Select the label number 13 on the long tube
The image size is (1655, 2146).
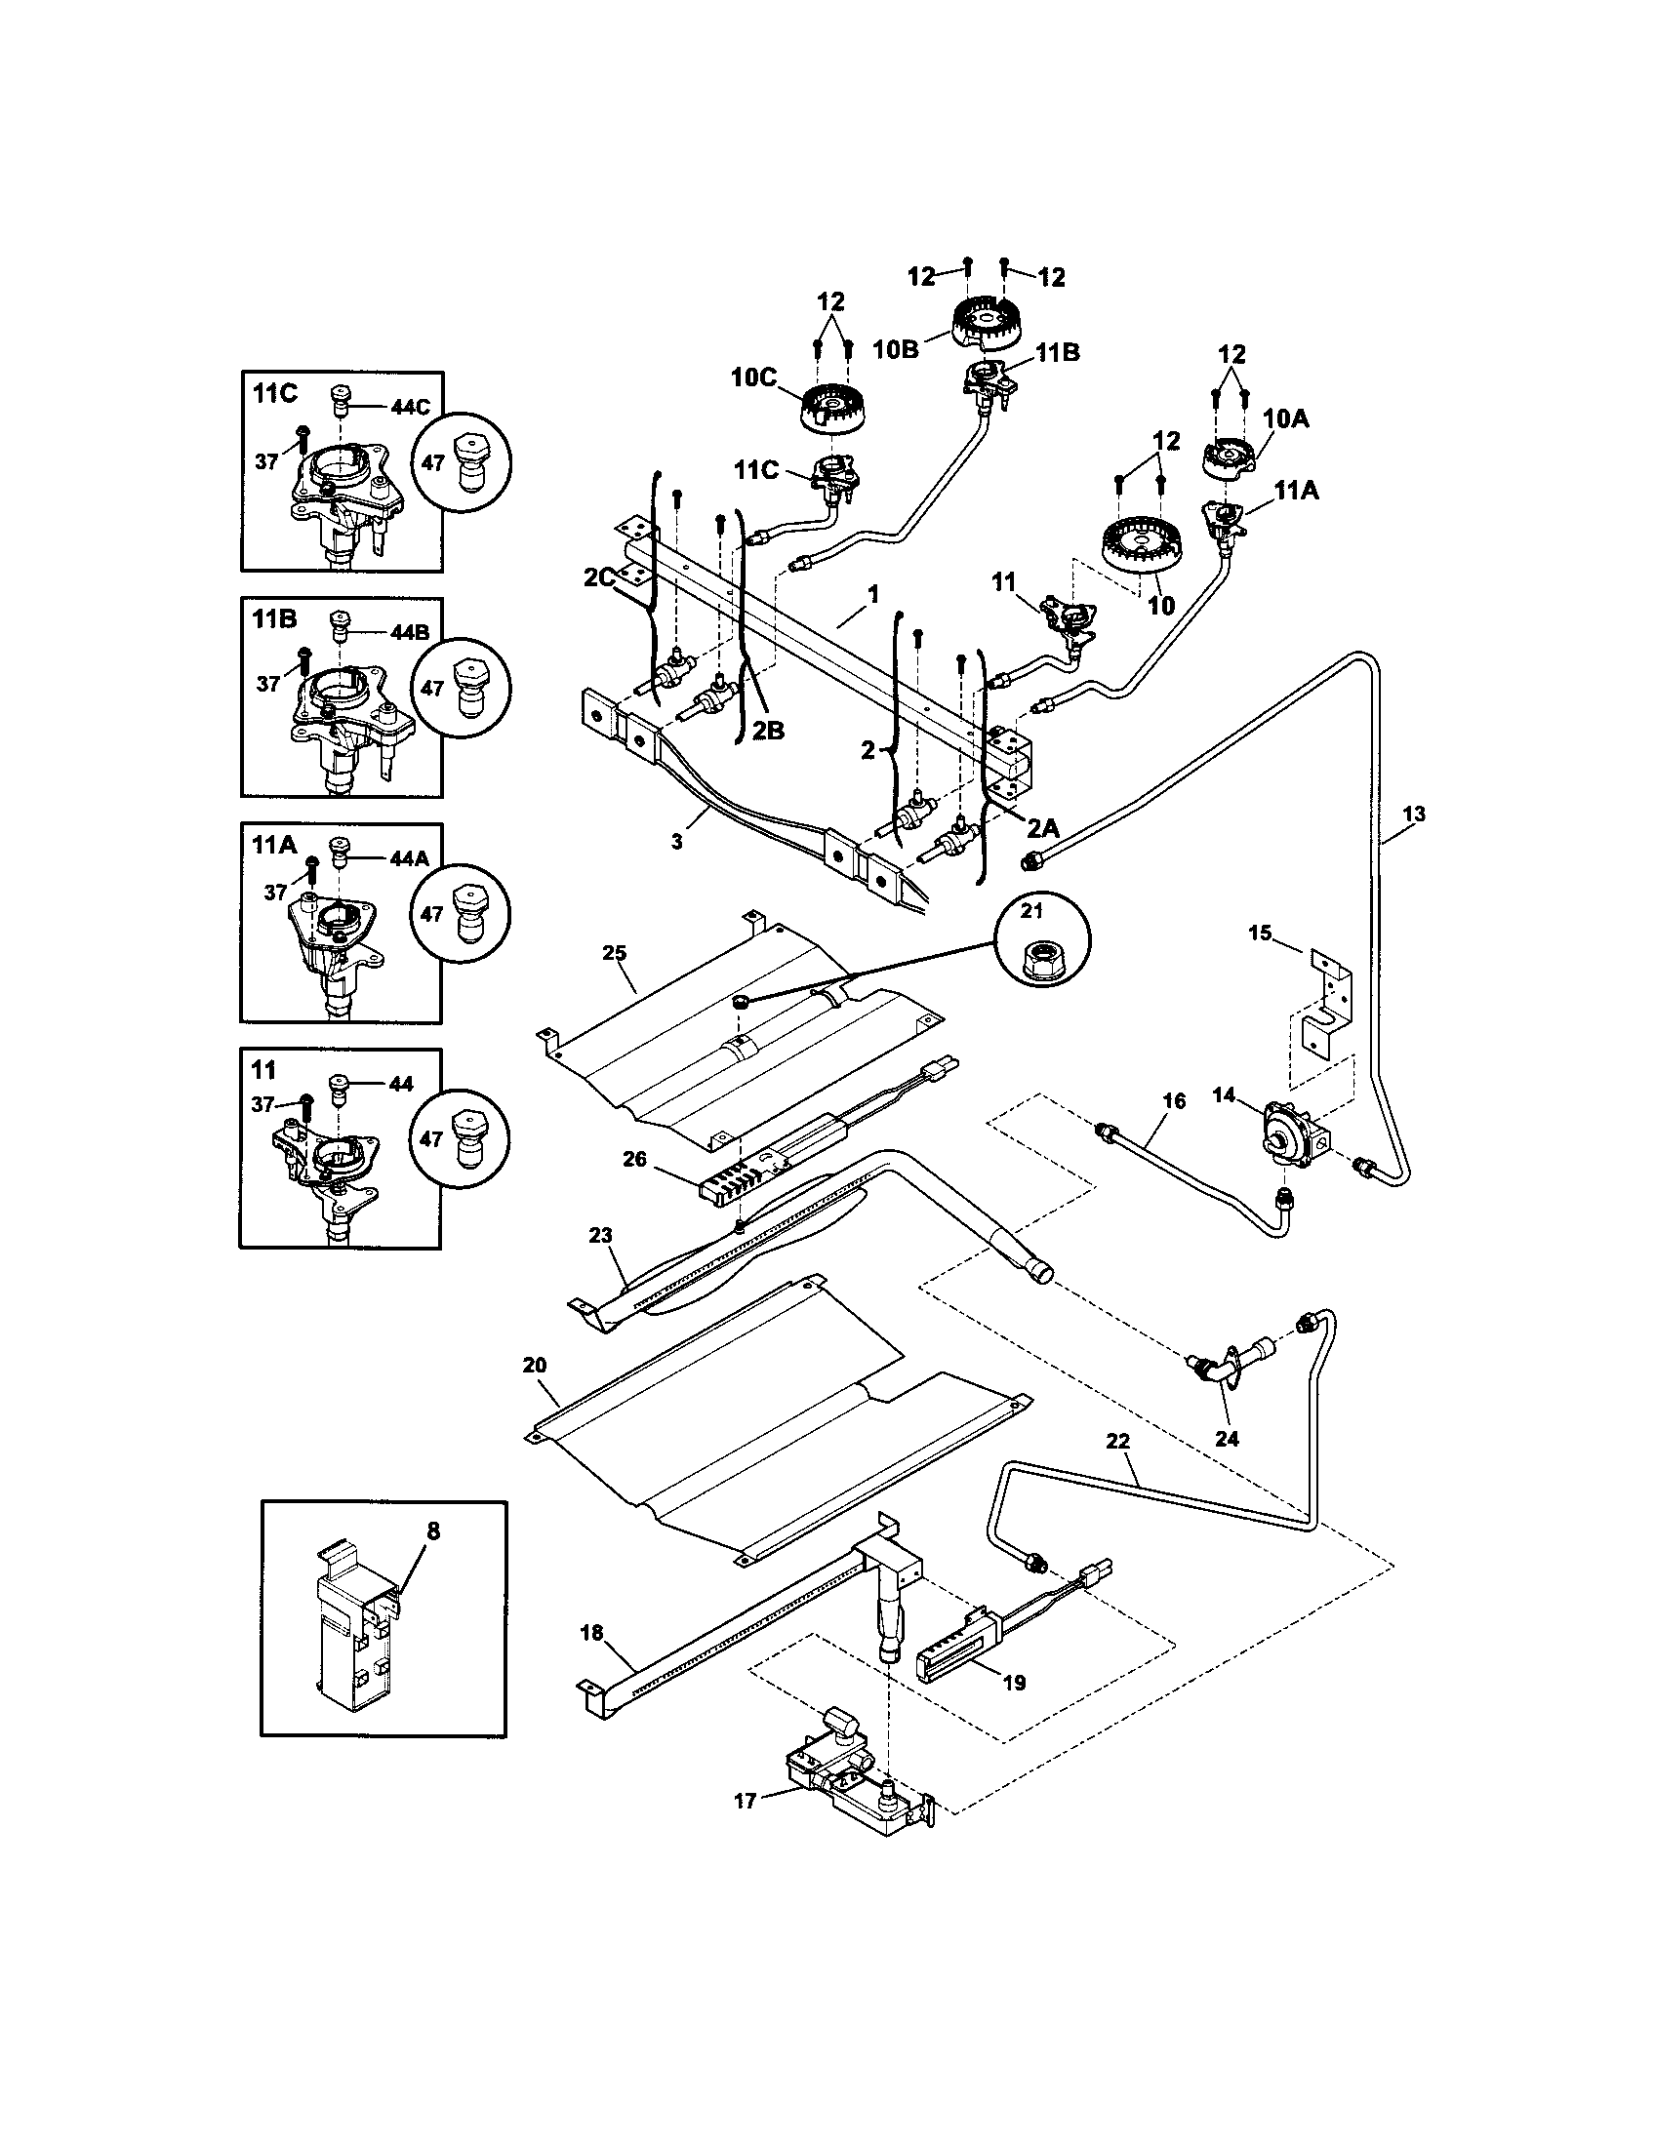pyautogui.click(x=1413, y=814)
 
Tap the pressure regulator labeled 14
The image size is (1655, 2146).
pyautogui.click(x=1288, y=1132)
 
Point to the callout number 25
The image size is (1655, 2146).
pyautogui.click(x=614, y=952)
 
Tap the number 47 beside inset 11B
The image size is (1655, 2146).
pyautogui.click(x=432, y=688)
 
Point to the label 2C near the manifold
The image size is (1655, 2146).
pyautogui.click(x=598, y=577)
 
